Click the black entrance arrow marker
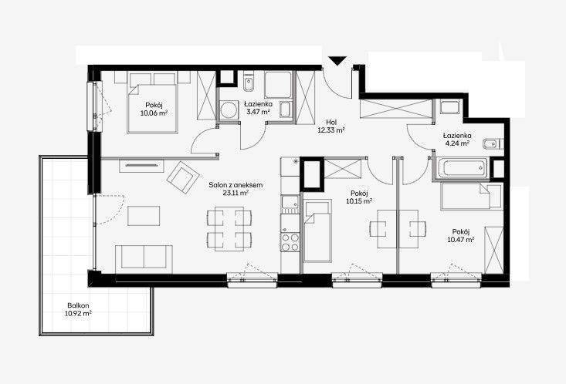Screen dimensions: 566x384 (338, 61)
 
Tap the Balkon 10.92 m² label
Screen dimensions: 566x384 (78, 310)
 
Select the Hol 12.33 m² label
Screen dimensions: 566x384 (331, 126)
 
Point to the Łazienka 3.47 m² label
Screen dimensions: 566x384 (258, 108)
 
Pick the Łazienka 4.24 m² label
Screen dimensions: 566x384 (457, 139)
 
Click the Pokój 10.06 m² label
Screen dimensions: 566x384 (154, 109)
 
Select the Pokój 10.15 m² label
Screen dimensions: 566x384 (359, 197)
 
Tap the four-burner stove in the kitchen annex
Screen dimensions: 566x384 (290, 242)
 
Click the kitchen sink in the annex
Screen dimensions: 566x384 (290, 204)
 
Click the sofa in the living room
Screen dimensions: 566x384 (144, 259)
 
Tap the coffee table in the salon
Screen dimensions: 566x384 (144, 216)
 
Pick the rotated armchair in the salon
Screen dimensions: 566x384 (183, 177)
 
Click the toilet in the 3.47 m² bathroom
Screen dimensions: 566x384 (249, 82)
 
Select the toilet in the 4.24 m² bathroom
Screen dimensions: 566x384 (491, 143)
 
